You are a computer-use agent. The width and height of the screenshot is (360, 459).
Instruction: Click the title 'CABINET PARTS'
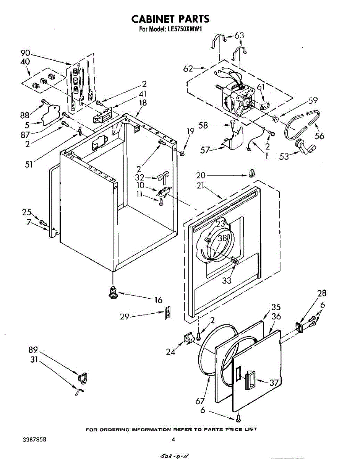(170, 19)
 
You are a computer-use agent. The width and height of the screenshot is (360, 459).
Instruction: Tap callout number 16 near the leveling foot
(158, 300)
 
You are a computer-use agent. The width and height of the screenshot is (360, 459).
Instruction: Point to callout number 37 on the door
(274, 382)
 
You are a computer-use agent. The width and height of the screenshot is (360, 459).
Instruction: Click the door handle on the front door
(251, 380)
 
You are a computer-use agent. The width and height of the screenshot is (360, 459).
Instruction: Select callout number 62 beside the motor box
(188, 69)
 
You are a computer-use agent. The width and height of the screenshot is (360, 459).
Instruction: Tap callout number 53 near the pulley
(284, 156)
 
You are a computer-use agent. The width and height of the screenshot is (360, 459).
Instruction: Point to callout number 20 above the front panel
(201, 176)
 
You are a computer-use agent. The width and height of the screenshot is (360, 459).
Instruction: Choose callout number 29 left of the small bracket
(124, 316)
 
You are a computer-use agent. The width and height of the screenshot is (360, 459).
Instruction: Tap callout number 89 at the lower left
(33, 350)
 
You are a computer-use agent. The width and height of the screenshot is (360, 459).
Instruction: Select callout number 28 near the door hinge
(322, 293)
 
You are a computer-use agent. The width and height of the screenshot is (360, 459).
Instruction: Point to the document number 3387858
(35, 440)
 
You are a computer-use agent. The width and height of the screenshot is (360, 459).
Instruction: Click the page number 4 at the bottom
(173, 440)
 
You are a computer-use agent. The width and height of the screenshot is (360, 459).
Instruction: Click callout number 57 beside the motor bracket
(206, 150)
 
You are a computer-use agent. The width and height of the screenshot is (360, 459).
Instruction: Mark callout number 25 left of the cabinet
(27, 212)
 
